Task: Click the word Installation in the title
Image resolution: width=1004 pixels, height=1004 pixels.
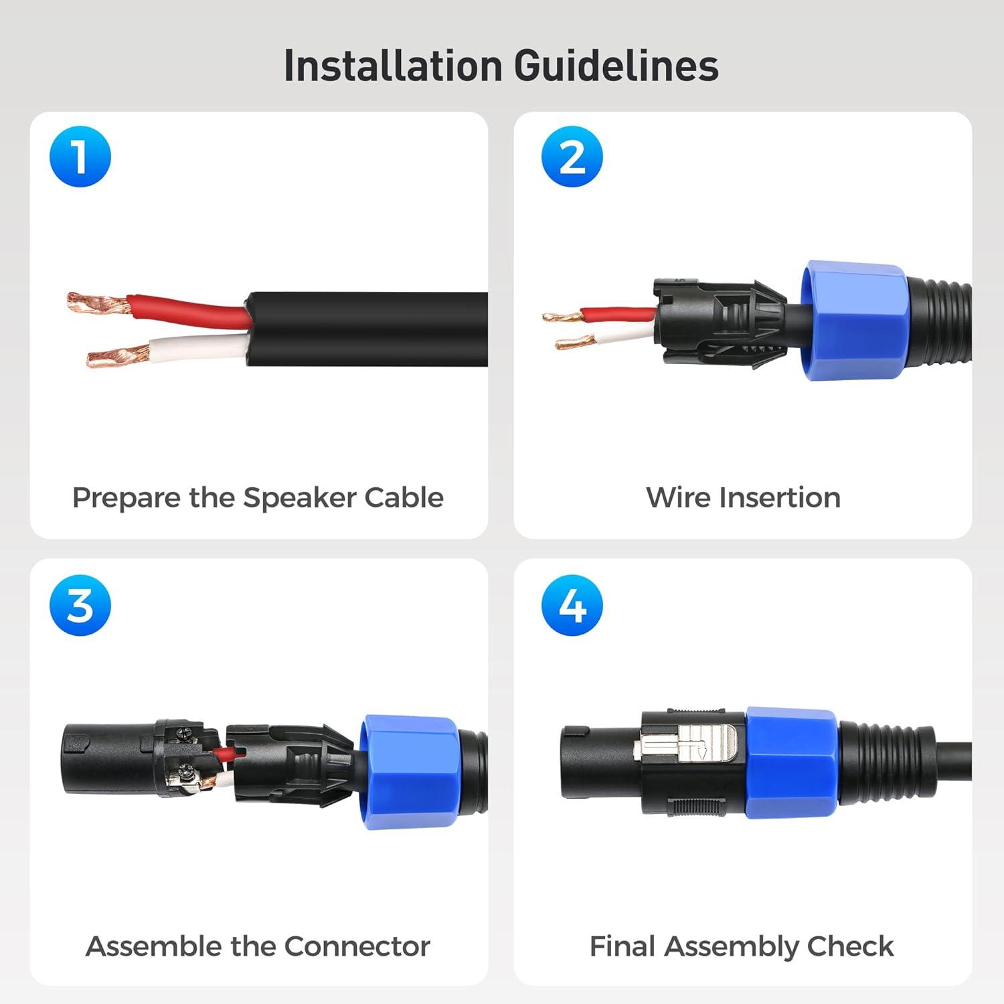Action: click(393, 66)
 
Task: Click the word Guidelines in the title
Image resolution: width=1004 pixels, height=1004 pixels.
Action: click(616, 66)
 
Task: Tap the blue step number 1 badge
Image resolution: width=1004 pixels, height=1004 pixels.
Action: click(80, 157)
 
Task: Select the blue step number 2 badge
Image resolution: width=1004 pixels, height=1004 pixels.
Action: click(572, 157)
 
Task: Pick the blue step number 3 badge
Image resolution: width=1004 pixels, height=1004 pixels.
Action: click(80, 605)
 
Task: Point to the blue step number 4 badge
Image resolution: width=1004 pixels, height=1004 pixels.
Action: click(572, 605)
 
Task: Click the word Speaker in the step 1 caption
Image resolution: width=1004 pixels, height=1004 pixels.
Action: click(299, 499)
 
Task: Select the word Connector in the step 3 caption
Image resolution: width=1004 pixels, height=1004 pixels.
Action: click(357, 946)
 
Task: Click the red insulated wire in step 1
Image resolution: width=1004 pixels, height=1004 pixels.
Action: click(190, 310)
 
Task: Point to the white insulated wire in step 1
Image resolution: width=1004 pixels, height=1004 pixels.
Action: click(198, 347)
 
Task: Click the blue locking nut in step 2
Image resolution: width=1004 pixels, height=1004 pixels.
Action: click(853, 321)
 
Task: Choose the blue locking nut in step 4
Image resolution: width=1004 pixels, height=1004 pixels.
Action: click(791, 763)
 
